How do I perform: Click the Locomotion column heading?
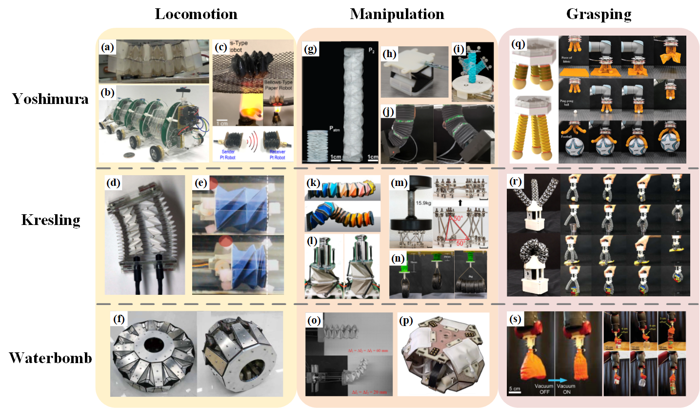[196, 14]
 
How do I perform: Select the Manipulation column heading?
[397, 14]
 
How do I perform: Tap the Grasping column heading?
[599, 14]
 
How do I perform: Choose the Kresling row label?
[51, 220]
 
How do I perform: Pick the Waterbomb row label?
[51, 359]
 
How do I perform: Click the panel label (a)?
[107, 48]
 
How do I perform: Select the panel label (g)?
[310, 49]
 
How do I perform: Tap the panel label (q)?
[519, 45]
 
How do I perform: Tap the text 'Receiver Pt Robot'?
[274, 152]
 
